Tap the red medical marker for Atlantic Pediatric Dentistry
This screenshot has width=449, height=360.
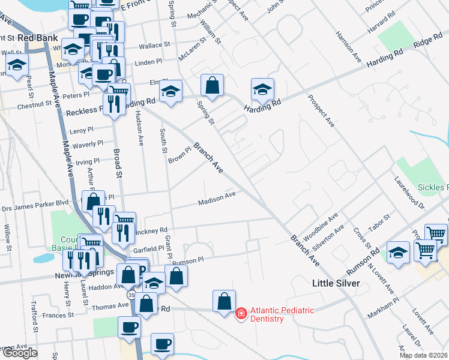[x=241, y=314]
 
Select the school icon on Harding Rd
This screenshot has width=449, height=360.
[x=262, y=90]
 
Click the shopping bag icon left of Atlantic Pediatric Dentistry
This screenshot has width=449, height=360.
[x=224, y=302]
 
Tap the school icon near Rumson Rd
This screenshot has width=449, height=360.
[x=398, y=253]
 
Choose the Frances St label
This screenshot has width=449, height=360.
[x=58, y=314]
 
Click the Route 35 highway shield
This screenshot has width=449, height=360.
[x=131, y=296]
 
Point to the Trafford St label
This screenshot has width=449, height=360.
[x=35, y=317]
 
